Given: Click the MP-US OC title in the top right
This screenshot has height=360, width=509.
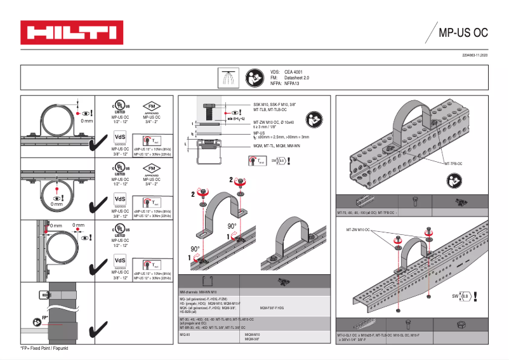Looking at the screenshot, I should pos(463,32).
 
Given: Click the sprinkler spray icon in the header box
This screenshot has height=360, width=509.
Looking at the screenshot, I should pos(227,78).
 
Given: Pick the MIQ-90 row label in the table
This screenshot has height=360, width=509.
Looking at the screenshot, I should pos(186,334).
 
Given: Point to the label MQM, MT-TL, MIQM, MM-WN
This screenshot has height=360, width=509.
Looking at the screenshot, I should pos(277,145).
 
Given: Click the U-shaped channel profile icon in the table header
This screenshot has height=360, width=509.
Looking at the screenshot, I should pos(206,281).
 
